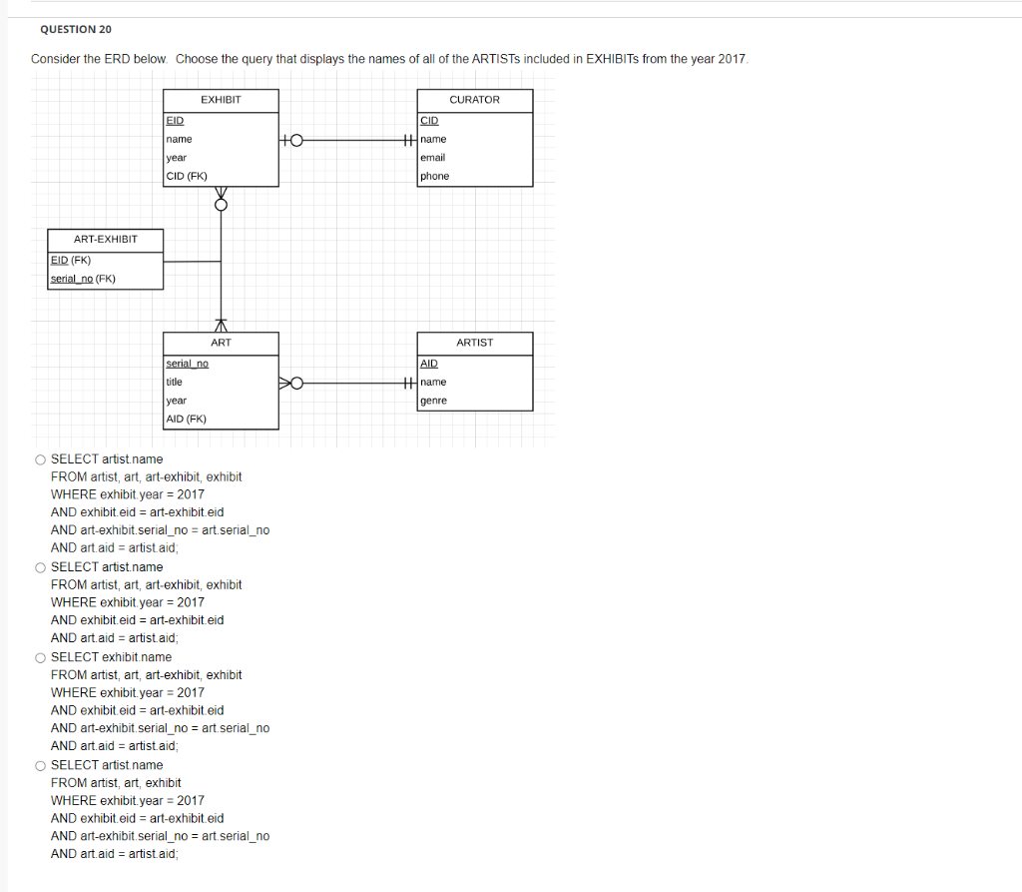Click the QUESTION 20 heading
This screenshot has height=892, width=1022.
[76, 30]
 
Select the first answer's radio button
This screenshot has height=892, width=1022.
[39, 459]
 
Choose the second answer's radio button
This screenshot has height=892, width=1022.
[39, 567]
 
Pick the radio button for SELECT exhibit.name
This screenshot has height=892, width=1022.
[39, 657]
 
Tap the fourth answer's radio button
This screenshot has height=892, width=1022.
[39, 765]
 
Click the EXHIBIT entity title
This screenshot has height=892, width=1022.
[221, 100]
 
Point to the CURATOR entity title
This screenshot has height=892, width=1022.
[474, 100]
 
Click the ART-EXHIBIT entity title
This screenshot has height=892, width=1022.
[105, 240]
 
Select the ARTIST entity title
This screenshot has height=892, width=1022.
[474, 343]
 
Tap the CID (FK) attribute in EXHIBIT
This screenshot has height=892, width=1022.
[187, 177]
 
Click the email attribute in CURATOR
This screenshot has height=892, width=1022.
[433, 158]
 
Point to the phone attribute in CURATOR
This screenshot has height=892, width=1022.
[435, 177]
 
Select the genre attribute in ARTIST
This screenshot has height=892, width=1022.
[434, 401]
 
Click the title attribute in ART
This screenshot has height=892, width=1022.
[175, 382]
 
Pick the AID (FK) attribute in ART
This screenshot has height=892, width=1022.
[187, 420]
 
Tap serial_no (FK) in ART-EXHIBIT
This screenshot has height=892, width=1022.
[83, 279]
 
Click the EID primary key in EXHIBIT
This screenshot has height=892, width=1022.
[176, 120]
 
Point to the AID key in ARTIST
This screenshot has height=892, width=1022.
[430, 363]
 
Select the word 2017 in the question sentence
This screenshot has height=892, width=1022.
[731, 59]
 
